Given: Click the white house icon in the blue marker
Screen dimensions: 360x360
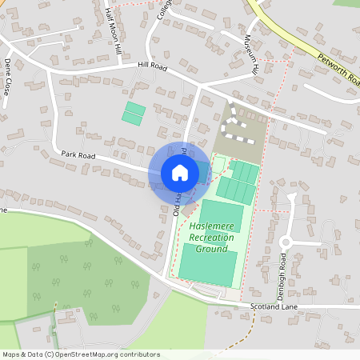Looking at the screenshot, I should (x=180, y=172).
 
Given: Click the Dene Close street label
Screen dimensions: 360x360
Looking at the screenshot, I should (x=9, y=77).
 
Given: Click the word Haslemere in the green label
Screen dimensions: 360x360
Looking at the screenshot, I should (x=213, y=227).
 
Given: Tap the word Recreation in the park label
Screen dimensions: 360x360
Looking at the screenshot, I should (x=213, y=238).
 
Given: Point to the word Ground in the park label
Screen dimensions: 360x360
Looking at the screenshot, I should (x=213, y=249).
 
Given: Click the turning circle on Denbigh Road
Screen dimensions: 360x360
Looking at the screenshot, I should (x=288, y=242).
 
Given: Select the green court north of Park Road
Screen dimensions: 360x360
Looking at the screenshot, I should (x=134, y=112).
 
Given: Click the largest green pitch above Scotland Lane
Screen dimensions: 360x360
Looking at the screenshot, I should (x=207, y=263).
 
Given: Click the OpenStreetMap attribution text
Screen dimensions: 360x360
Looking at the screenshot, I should (x=81, y=354).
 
